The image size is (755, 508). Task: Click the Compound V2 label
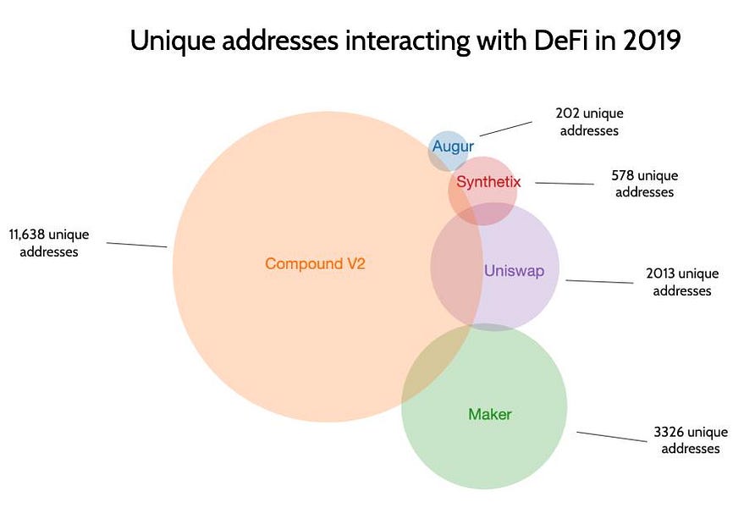pos(315,263)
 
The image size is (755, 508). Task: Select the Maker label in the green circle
pos(490,415)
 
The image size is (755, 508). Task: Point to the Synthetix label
pos(488,182)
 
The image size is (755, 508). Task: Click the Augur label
pos(447,146)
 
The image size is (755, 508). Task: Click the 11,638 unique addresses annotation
pos(48,242)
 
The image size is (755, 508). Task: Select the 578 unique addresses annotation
pos(644,184)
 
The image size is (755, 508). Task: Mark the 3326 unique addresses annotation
pos(686,440)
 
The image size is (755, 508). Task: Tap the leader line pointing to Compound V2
pos(136,244)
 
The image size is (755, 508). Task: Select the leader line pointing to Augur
pos(505,128)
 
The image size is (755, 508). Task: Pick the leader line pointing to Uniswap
pos(599,282)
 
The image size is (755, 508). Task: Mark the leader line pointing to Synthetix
pos(565,183)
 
